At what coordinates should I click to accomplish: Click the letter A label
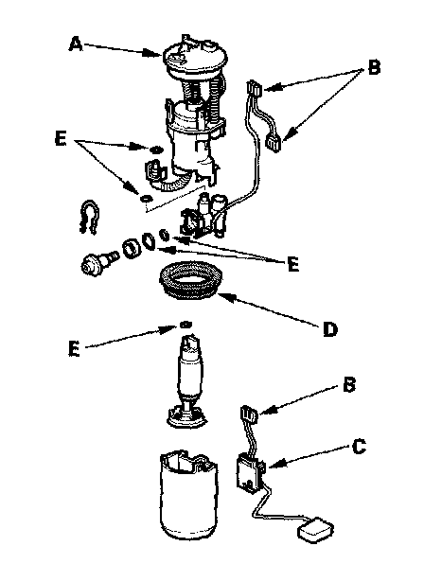click(76, 44)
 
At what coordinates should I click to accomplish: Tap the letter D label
click(329, 329)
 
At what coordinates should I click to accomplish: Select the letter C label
click(359, 447)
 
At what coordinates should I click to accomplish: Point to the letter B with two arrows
click(374, 67)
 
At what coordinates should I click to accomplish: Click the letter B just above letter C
click(349, 384)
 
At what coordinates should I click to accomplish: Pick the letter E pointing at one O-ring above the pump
click(74, 348)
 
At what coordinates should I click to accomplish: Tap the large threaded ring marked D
click(190, 280)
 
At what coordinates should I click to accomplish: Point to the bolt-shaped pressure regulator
click(98, 262)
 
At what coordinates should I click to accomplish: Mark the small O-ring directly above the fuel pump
click(185, 325)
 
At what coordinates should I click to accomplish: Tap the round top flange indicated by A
click(194, 58)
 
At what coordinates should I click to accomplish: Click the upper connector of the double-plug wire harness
click(254, 89)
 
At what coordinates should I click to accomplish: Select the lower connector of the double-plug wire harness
click(274, 144)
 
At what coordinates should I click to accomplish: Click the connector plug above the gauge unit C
click(249, 414)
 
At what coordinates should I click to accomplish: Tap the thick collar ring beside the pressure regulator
click(132, 249)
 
